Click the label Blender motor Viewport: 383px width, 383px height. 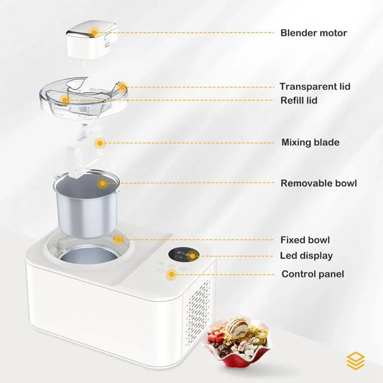[313, 32]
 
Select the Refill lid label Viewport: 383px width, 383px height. [298, 101]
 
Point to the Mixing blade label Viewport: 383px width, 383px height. [310, 142]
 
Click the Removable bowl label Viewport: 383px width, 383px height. [318, 183]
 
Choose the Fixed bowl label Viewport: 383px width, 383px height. [305, 240]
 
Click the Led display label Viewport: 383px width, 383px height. [306, 255]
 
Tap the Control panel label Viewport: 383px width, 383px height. [313, 274]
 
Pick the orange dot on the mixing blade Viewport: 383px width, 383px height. [101, 142]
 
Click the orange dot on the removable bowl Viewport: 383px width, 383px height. [103, 183]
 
